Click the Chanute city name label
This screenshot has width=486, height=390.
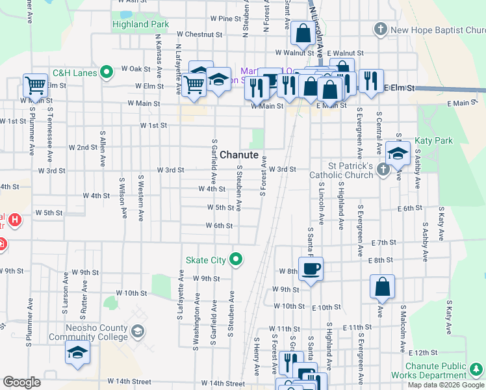(x=239, y=155)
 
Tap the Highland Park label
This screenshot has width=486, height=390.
(x=140, y=24)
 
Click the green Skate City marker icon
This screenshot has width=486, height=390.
(x=237, y=260)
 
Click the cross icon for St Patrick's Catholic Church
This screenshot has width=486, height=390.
(x=383, y=170)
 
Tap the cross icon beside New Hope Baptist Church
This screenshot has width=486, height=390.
(x=381, y=29)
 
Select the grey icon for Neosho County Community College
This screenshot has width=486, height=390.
(x=137, y=332)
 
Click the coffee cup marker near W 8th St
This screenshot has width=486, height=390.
(x=310, y=268)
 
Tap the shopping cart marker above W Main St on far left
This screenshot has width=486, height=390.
(x=36, y=84)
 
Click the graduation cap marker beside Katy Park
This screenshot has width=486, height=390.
(x=398, y=153)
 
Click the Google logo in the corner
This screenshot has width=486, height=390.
(x=21, y=382)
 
